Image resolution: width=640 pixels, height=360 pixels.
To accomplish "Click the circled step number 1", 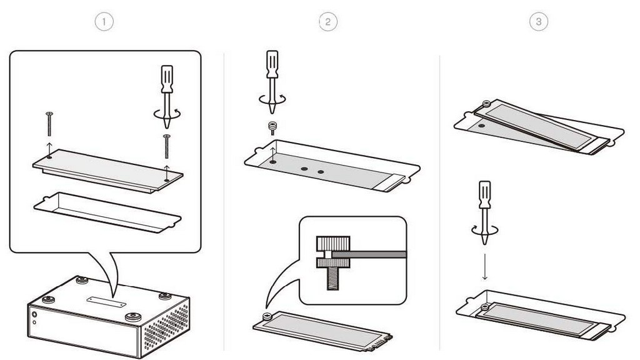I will (x=104, y=21).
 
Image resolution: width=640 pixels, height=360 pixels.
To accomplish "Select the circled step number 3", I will (x=539, y=21).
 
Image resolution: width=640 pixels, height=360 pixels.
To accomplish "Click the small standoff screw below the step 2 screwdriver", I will (x=273, y=127).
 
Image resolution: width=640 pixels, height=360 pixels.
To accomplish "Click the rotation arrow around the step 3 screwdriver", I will (x=484, y=231).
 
